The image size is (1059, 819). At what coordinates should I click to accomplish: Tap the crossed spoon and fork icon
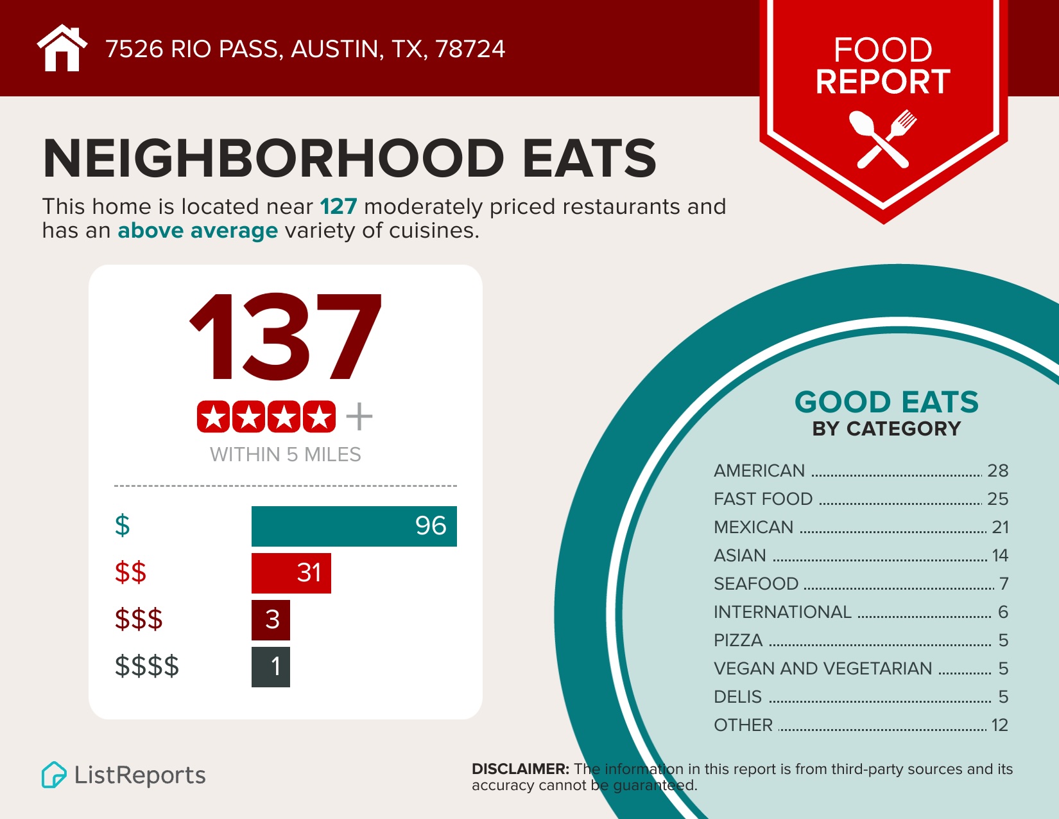(x=882, y=139)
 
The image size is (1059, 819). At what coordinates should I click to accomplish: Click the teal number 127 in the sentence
(x=338, y=207)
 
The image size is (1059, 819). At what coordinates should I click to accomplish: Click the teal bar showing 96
(x=354, y=526)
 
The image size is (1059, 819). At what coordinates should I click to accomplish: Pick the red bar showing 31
(x=291, y=573)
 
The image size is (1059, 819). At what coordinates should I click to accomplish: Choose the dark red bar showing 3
(x=270, y=620)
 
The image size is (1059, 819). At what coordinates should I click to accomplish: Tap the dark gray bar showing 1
(x=270, y=667)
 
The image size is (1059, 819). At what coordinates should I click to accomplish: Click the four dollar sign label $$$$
(x=147, y=666)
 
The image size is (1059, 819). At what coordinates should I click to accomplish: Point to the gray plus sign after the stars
(x=359, y=417)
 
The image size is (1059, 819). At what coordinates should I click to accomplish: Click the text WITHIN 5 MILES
(x=285, y=455)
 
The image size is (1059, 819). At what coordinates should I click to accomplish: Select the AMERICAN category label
(x=759, y=471)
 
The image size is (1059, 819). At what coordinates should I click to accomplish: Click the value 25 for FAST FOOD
(x=997, y=499)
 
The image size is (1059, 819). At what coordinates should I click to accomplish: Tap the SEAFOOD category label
(x=755, y=584)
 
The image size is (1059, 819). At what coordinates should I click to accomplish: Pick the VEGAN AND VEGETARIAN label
(x=822, y=669)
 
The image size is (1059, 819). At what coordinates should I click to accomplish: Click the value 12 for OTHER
(x=999, y=725)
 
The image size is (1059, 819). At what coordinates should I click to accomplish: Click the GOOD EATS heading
(x=886, y=403)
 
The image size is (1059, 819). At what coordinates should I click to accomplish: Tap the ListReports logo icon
(x=54, y=775)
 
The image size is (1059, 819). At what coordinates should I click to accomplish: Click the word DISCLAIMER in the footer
(x=520, y=769)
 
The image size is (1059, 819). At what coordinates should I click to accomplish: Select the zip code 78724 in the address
(x=470, y=49)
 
